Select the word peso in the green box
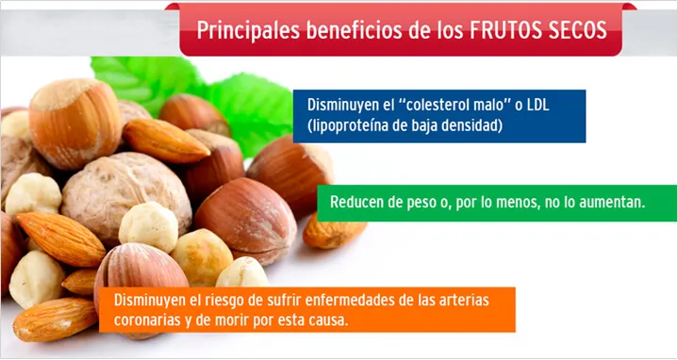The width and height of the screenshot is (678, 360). point(421,202)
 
